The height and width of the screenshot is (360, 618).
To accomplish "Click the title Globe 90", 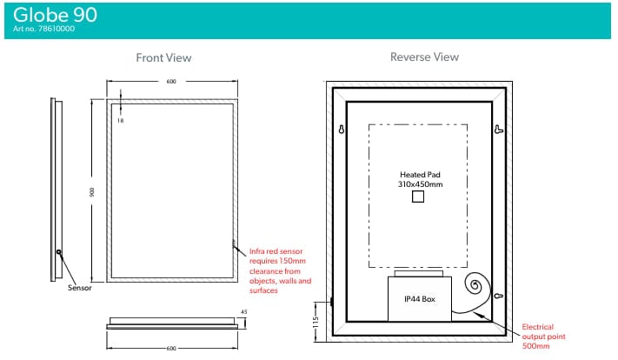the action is tap(55, 15).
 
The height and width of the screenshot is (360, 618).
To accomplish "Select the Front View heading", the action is tap(163, 58).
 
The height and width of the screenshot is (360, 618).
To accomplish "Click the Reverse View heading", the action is tap(424, 57).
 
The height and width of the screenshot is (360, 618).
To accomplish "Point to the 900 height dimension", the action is tap(92, 192).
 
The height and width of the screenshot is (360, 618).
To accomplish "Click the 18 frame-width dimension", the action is tap(120, 121).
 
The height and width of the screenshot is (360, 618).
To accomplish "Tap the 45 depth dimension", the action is tap(244, 312).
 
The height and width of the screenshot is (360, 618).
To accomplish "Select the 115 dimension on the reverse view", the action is tap(315, 322).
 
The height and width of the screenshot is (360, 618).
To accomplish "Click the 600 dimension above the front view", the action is tap(171, 82).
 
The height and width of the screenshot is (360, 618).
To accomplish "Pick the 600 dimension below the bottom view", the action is tap(171, 349).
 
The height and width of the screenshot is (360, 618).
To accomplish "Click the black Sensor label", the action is tap(80, 288).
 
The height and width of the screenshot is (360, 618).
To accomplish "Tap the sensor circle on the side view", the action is tap(59, 252).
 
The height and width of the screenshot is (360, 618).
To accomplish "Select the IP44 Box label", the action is tap(420, 299).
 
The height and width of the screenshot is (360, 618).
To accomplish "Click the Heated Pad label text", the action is tap(420, 175).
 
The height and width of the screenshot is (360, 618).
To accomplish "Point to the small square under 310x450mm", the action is tap(418, 197).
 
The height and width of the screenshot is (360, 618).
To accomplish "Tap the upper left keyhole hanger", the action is tap(342, 129).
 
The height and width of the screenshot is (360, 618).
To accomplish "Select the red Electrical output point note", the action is tap(543, 337).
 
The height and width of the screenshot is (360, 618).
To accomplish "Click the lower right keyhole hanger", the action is tap(499, 296).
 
